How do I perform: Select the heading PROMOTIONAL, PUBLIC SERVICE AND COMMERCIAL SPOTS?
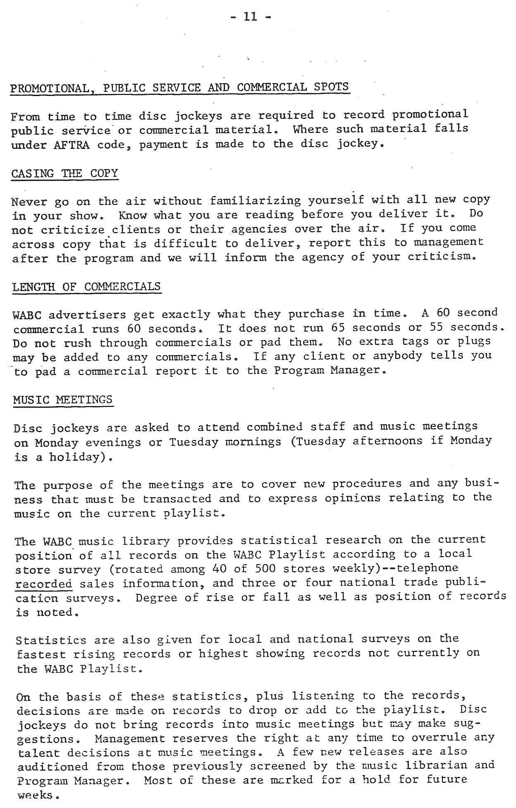coord(179,87)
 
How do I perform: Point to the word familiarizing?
coord(255,201)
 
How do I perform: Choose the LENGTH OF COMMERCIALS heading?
coord(86,286)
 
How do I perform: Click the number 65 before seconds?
coord(338,327)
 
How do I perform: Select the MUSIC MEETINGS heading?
coord(63,400)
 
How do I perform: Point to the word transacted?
coord(177,499)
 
